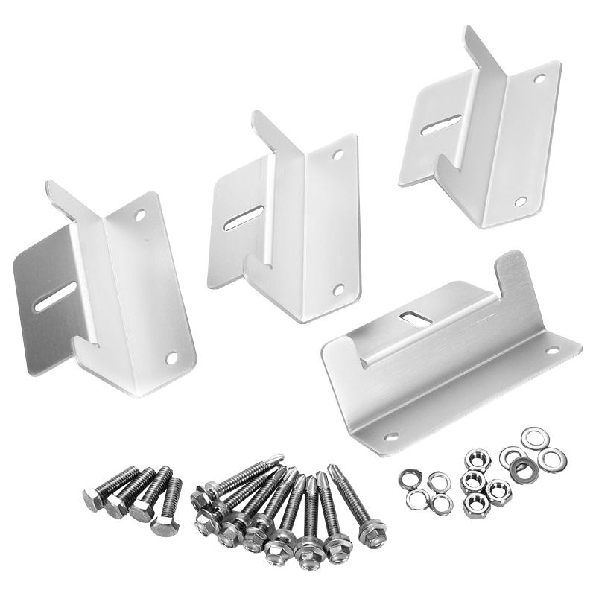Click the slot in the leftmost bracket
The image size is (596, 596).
click(54, 296)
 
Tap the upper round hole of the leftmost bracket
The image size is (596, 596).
click(140, 215)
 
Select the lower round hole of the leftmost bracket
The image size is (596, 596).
click(171, 358)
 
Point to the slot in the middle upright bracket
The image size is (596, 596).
click(243, 217)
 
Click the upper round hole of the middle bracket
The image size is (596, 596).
click(338, 156)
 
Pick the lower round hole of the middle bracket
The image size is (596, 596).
click(338, 289)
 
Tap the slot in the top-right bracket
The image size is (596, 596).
click(440, 124)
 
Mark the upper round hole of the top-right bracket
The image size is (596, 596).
click(539, 77)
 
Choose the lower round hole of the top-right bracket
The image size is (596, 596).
click(520, 201)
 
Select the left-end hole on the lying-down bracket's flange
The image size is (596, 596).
click(390, 436)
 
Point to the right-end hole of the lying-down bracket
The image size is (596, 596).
click(552, 349)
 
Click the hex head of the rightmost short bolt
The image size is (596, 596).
click(165, 526)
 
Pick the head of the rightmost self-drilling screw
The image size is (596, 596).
click(371, 532)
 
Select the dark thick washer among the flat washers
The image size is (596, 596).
click(521, 469)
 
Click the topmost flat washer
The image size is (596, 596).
click(533, 437)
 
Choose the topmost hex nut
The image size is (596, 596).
click(477, 457)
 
